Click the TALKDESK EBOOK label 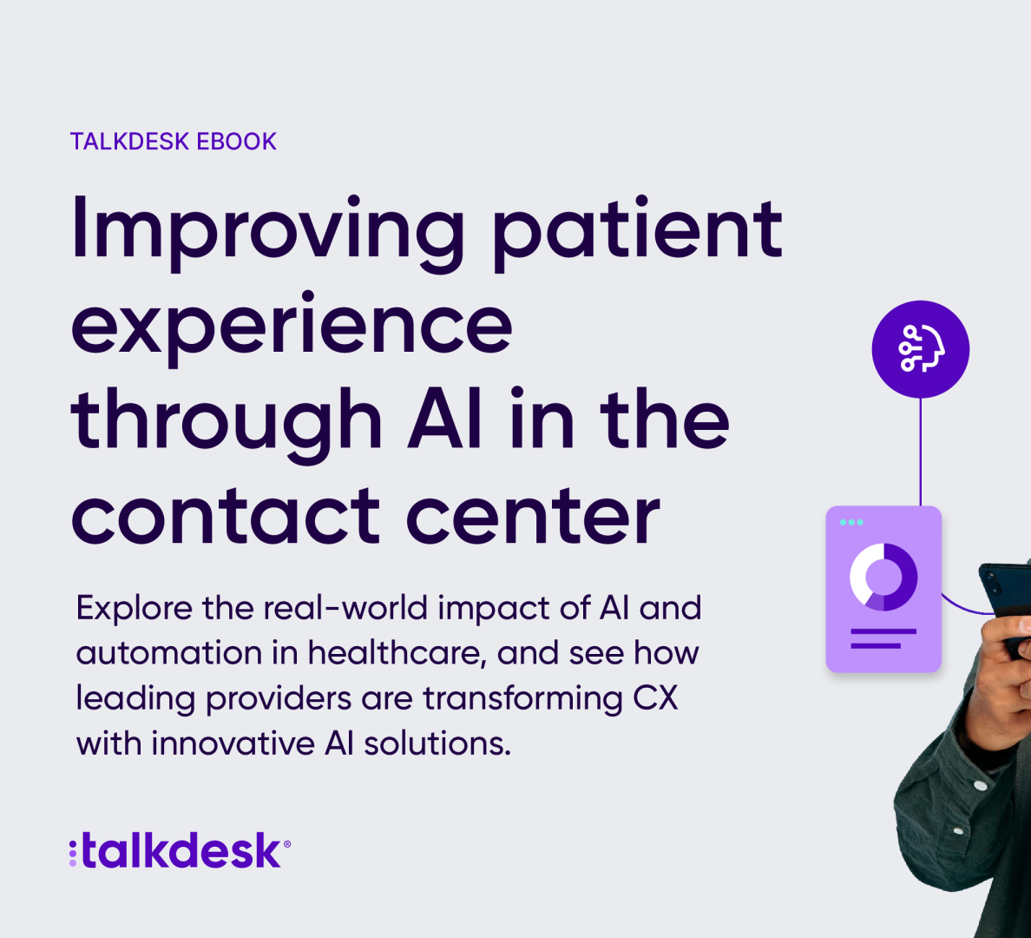tap(173, 142)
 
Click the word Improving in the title tap(267, 233)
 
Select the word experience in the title tap(292, 328)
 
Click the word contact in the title tap(226, 517)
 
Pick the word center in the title tap(533, 517)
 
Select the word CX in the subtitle tap(655, 698)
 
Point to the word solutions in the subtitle tap(437, 743)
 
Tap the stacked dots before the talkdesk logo tap(73, 853)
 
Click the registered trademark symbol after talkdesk tap(286, 844)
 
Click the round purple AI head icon tap(921, 349)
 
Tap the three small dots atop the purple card tap(851, 522)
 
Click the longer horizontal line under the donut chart tap(883, 631)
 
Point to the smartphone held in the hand tap(1005, 599)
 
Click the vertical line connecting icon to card tap(921, 452)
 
